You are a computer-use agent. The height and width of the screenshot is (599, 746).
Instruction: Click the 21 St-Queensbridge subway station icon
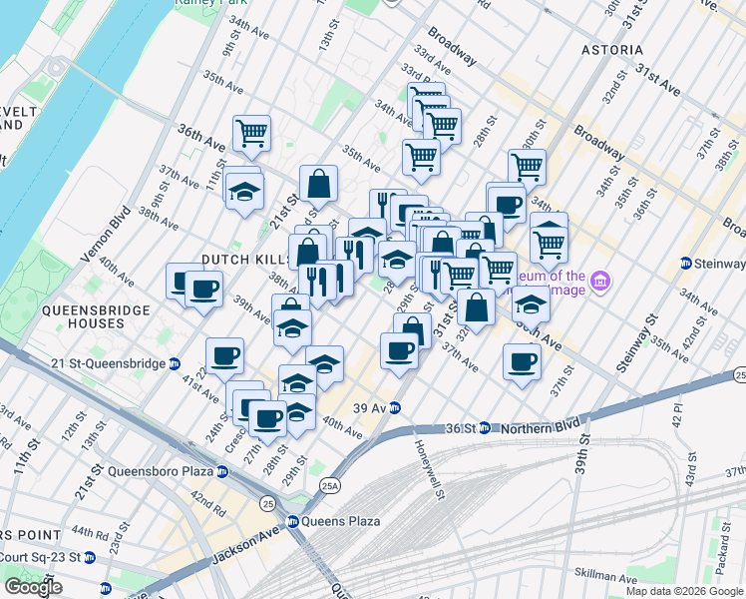[176, 364]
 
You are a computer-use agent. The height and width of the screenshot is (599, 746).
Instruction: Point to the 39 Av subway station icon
[395, 407]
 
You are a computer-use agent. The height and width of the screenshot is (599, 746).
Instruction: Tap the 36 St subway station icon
[485, 427]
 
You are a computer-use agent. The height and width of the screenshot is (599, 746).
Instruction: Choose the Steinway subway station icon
[686, 264]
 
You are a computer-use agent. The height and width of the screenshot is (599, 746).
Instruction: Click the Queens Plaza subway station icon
[293, 521]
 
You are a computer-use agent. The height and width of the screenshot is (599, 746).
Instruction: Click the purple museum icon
[599, 283]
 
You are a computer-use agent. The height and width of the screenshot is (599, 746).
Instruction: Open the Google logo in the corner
[33, 587]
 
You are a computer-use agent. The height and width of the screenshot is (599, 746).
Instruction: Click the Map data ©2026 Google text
[684, 591]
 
